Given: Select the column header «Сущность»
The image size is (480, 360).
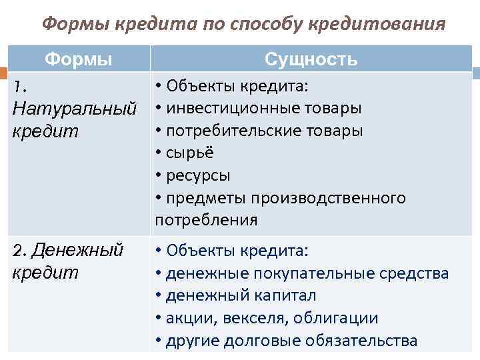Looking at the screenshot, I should (311, 59).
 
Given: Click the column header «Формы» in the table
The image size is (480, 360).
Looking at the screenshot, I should (79, 59).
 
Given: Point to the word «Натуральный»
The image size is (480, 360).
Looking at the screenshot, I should (75, 107).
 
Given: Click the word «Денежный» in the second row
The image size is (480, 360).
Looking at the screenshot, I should (77, 251).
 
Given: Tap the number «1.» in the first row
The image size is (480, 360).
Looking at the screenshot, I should (20, 86).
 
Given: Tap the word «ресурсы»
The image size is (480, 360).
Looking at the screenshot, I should (198, 175).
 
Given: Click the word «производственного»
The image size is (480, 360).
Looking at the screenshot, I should (337, 198).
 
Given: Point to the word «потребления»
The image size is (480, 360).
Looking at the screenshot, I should (206, 220).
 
